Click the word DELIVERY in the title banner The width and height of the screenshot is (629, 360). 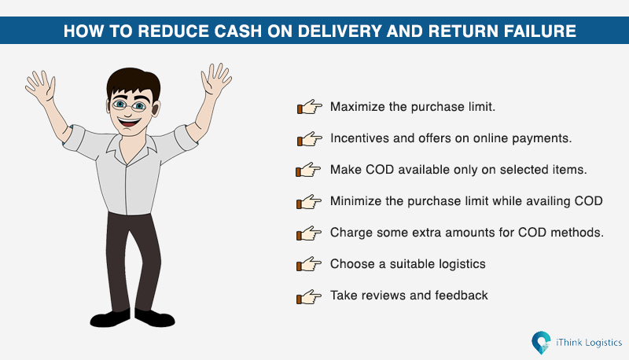point(340,31)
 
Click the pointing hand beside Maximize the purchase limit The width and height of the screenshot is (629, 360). point(309,107)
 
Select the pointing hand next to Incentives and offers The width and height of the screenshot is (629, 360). point(309,138)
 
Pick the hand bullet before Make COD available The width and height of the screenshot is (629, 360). point(308,170)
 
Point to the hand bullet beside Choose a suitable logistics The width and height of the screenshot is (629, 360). point(309,264)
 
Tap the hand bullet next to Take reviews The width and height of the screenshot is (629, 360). point(309,296)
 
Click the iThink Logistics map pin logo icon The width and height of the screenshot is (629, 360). point(541,343)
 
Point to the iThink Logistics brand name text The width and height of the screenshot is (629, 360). point(589,343)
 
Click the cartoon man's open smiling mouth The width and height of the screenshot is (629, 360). point(129,122)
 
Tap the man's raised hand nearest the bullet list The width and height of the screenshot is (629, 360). point(215,79)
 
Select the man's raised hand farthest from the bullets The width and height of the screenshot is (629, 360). point(41,86)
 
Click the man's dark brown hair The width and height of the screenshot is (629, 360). point(133,83)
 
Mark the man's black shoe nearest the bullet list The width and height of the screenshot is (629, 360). point(154,318)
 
